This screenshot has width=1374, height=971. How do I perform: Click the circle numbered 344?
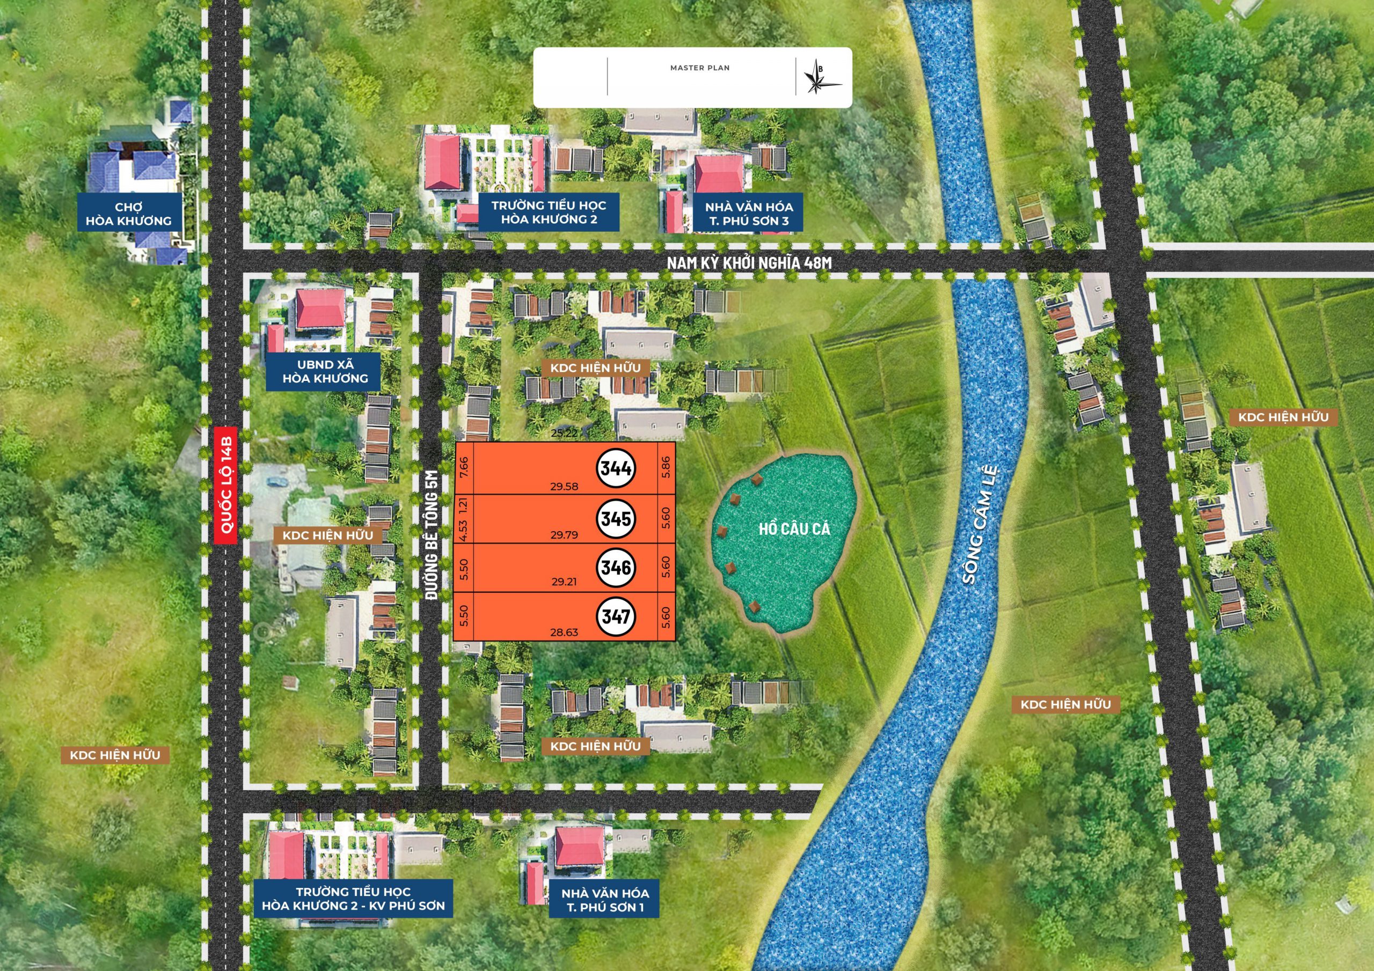click(x=616, y=468)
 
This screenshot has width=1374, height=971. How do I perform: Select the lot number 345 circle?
click(x=616, y=518)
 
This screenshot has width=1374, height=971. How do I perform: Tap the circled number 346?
click(x=616, y=567)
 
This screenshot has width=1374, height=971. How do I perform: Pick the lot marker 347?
click(x=616, y=616)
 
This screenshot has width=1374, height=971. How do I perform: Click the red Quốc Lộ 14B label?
click(x=226, y=486)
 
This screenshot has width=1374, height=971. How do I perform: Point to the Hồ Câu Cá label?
click(x=794, y=528)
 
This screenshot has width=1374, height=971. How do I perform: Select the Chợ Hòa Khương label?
click(x=128, y=214)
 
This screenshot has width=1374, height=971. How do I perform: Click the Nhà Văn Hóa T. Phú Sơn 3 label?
click(x=749, y=214)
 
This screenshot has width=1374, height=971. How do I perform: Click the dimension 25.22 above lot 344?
click(x=564, y=433)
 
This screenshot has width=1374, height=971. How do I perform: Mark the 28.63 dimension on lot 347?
click(x=564, y=632)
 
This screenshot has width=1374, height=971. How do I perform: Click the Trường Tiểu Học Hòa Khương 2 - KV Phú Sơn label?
click(x=353, y=899)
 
